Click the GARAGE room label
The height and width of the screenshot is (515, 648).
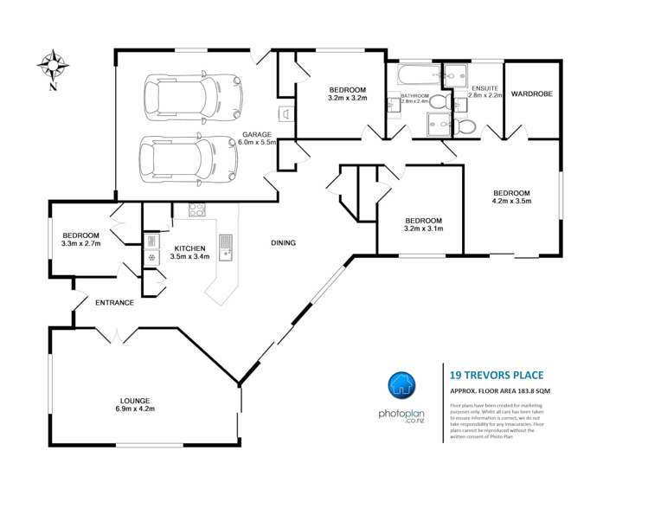(x=258, y=135)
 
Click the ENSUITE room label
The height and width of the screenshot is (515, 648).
(x=484, y=88)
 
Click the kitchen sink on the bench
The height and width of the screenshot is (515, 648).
(x=226, y=246)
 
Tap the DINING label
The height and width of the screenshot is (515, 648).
(x=283, y=243)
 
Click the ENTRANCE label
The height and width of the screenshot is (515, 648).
(x=114, y=302)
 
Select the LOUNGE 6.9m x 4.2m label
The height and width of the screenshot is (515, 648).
(x=137, y=404)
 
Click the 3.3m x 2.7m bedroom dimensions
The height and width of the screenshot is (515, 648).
(x=80, y=244)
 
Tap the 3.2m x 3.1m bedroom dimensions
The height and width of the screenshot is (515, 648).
(x=423, y=229)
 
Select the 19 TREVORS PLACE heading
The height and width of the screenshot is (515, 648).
(x=497, y=375)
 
